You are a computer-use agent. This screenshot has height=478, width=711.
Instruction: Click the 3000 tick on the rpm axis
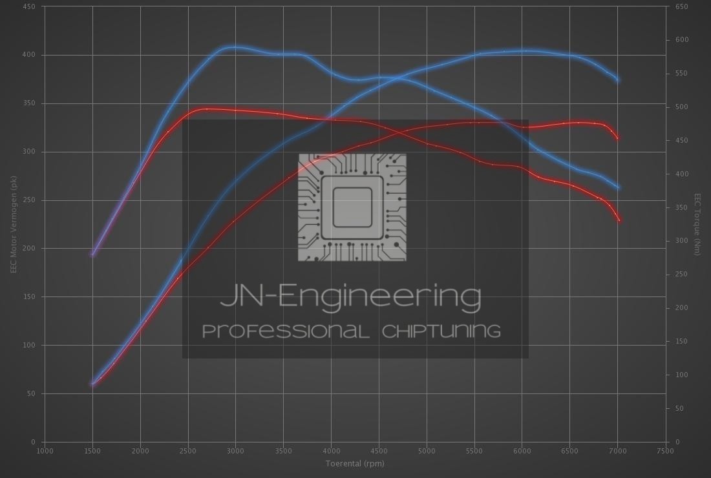click(235, 451)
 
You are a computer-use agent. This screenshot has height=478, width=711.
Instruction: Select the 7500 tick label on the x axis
click(664, 451)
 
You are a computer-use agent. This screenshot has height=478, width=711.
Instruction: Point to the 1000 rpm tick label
click(45, 451)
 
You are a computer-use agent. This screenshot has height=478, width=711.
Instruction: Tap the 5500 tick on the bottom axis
click(474, 451)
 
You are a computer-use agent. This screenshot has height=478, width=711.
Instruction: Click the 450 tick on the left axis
click(30, 6)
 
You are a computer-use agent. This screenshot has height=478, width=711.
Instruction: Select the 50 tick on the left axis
click(32, 393)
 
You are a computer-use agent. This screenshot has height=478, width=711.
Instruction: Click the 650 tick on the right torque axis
click(682, 6)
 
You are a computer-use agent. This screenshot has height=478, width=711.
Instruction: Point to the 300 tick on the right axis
click(682, 241)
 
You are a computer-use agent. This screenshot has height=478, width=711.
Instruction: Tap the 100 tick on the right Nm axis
click(682, 375)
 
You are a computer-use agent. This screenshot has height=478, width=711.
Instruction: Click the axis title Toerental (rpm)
click(355, 463)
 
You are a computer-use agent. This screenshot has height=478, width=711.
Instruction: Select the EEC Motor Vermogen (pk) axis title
click(13, 224)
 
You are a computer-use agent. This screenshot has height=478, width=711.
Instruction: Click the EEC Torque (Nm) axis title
click(697, 224)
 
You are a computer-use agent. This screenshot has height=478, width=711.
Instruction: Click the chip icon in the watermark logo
click(352, 207)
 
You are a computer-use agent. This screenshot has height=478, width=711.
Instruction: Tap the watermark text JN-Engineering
click(351, 296)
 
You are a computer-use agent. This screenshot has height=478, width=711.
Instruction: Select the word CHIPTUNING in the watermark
click(441, 331)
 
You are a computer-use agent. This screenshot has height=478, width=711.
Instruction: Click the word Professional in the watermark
click(286, 331)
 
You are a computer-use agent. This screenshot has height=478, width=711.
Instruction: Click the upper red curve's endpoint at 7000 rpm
click(618, 138)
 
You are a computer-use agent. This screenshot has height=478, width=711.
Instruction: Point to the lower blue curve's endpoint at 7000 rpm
click(619, 188)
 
